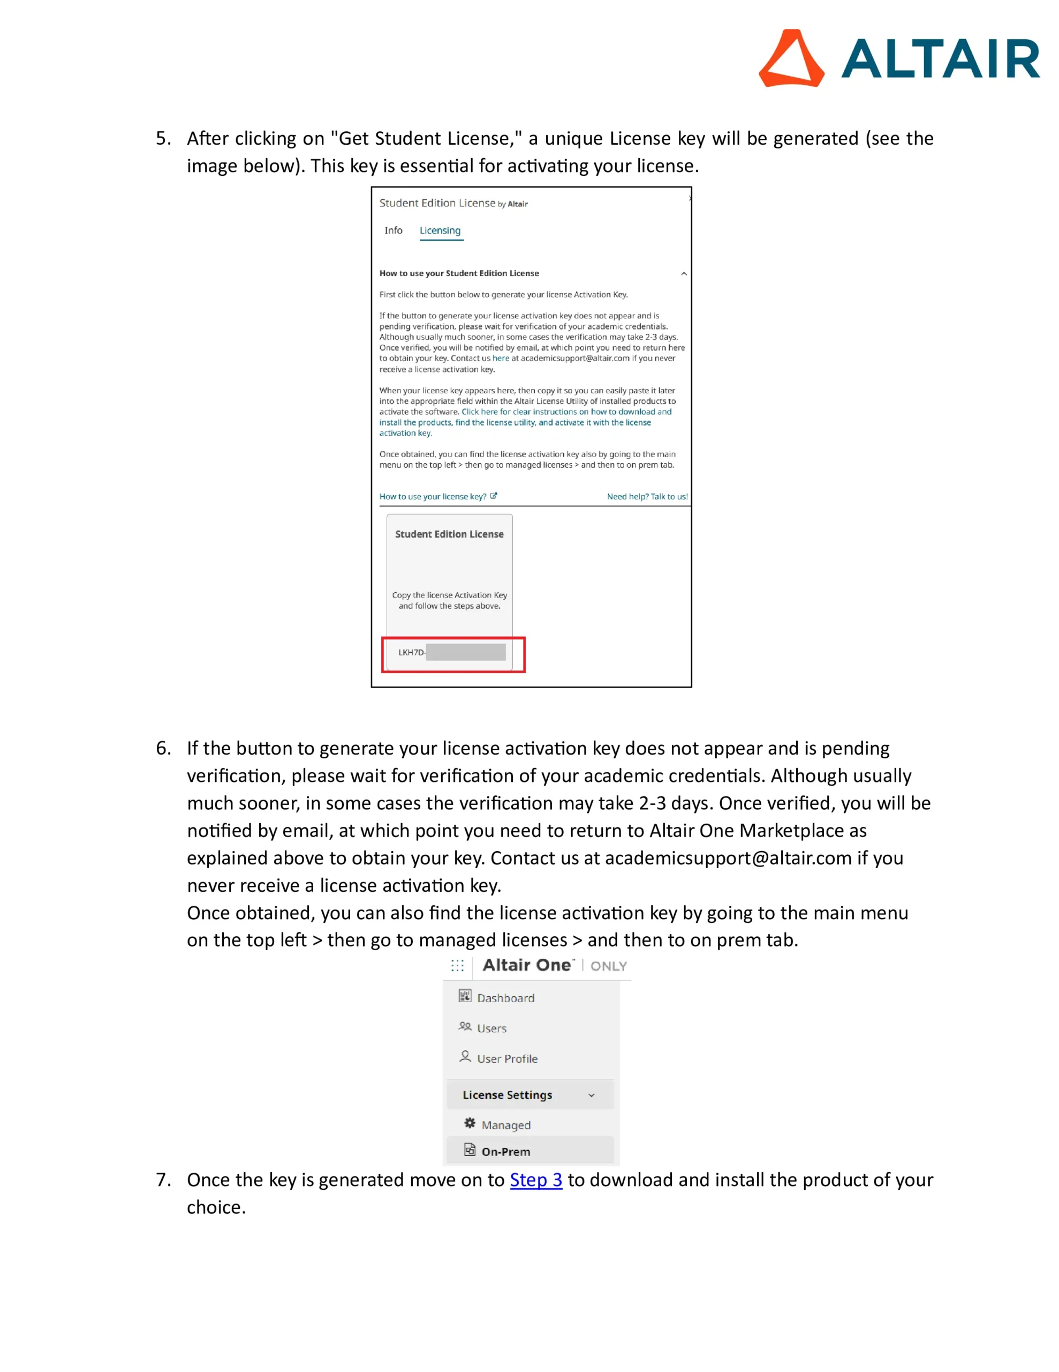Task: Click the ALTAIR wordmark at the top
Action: tap(940, 59)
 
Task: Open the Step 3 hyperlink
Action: tap(535, 1180)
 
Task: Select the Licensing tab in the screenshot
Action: tap(440, 230)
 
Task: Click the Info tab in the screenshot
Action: tap(394, 230)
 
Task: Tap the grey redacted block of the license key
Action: tap(465, 652)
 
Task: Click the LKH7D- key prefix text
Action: tap(411, 653)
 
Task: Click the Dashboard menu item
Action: tap(505, 998)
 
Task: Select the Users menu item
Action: tap(491, 1028)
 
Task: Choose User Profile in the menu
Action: tap(506, 1058)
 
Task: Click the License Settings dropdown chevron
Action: tap(591, 1095)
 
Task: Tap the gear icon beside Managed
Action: tap(470, 1123)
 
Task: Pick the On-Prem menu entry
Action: tap(505, 1152)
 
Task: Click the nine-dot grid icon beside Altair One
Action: tap(458, 966)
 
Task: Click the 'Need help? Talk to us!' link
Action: tap(647, 496)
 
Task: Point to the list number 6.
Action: tap(163, 748)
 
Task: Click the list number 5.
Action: tap(163, 138)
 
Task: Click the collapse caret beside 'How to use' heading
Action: tap(684, 274)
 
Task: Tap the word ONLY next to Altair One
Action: tap(608, 966)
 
